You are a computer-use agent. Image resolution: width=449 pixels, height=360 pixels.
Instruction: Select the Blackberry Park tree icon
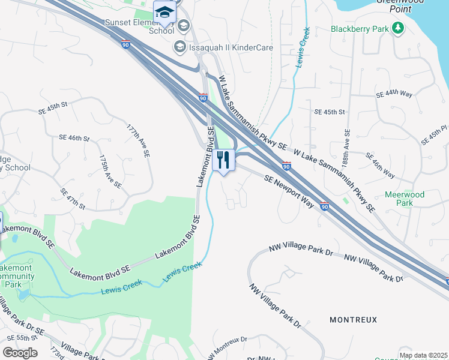coord(397,28)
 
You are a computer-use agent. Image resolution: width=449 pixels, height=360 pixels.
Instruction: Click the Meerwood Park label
coord(405,199)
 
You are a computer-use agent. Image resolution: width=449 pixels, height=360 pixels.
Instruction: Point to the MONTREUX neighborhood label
coord(354,320)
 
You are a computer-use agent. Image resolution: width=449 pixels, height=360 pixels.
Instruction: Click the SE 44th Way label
coord(394,95)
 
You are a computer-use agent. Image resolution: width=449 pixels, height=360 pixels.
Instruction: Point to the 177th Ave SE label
coord(138,141)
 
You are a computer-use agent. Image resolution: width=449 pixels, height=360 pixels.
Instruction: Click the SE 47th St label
coord(73,199)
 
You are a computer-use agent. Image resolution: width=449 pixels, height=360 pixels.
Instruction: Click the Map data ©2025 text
coord(423,355)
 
